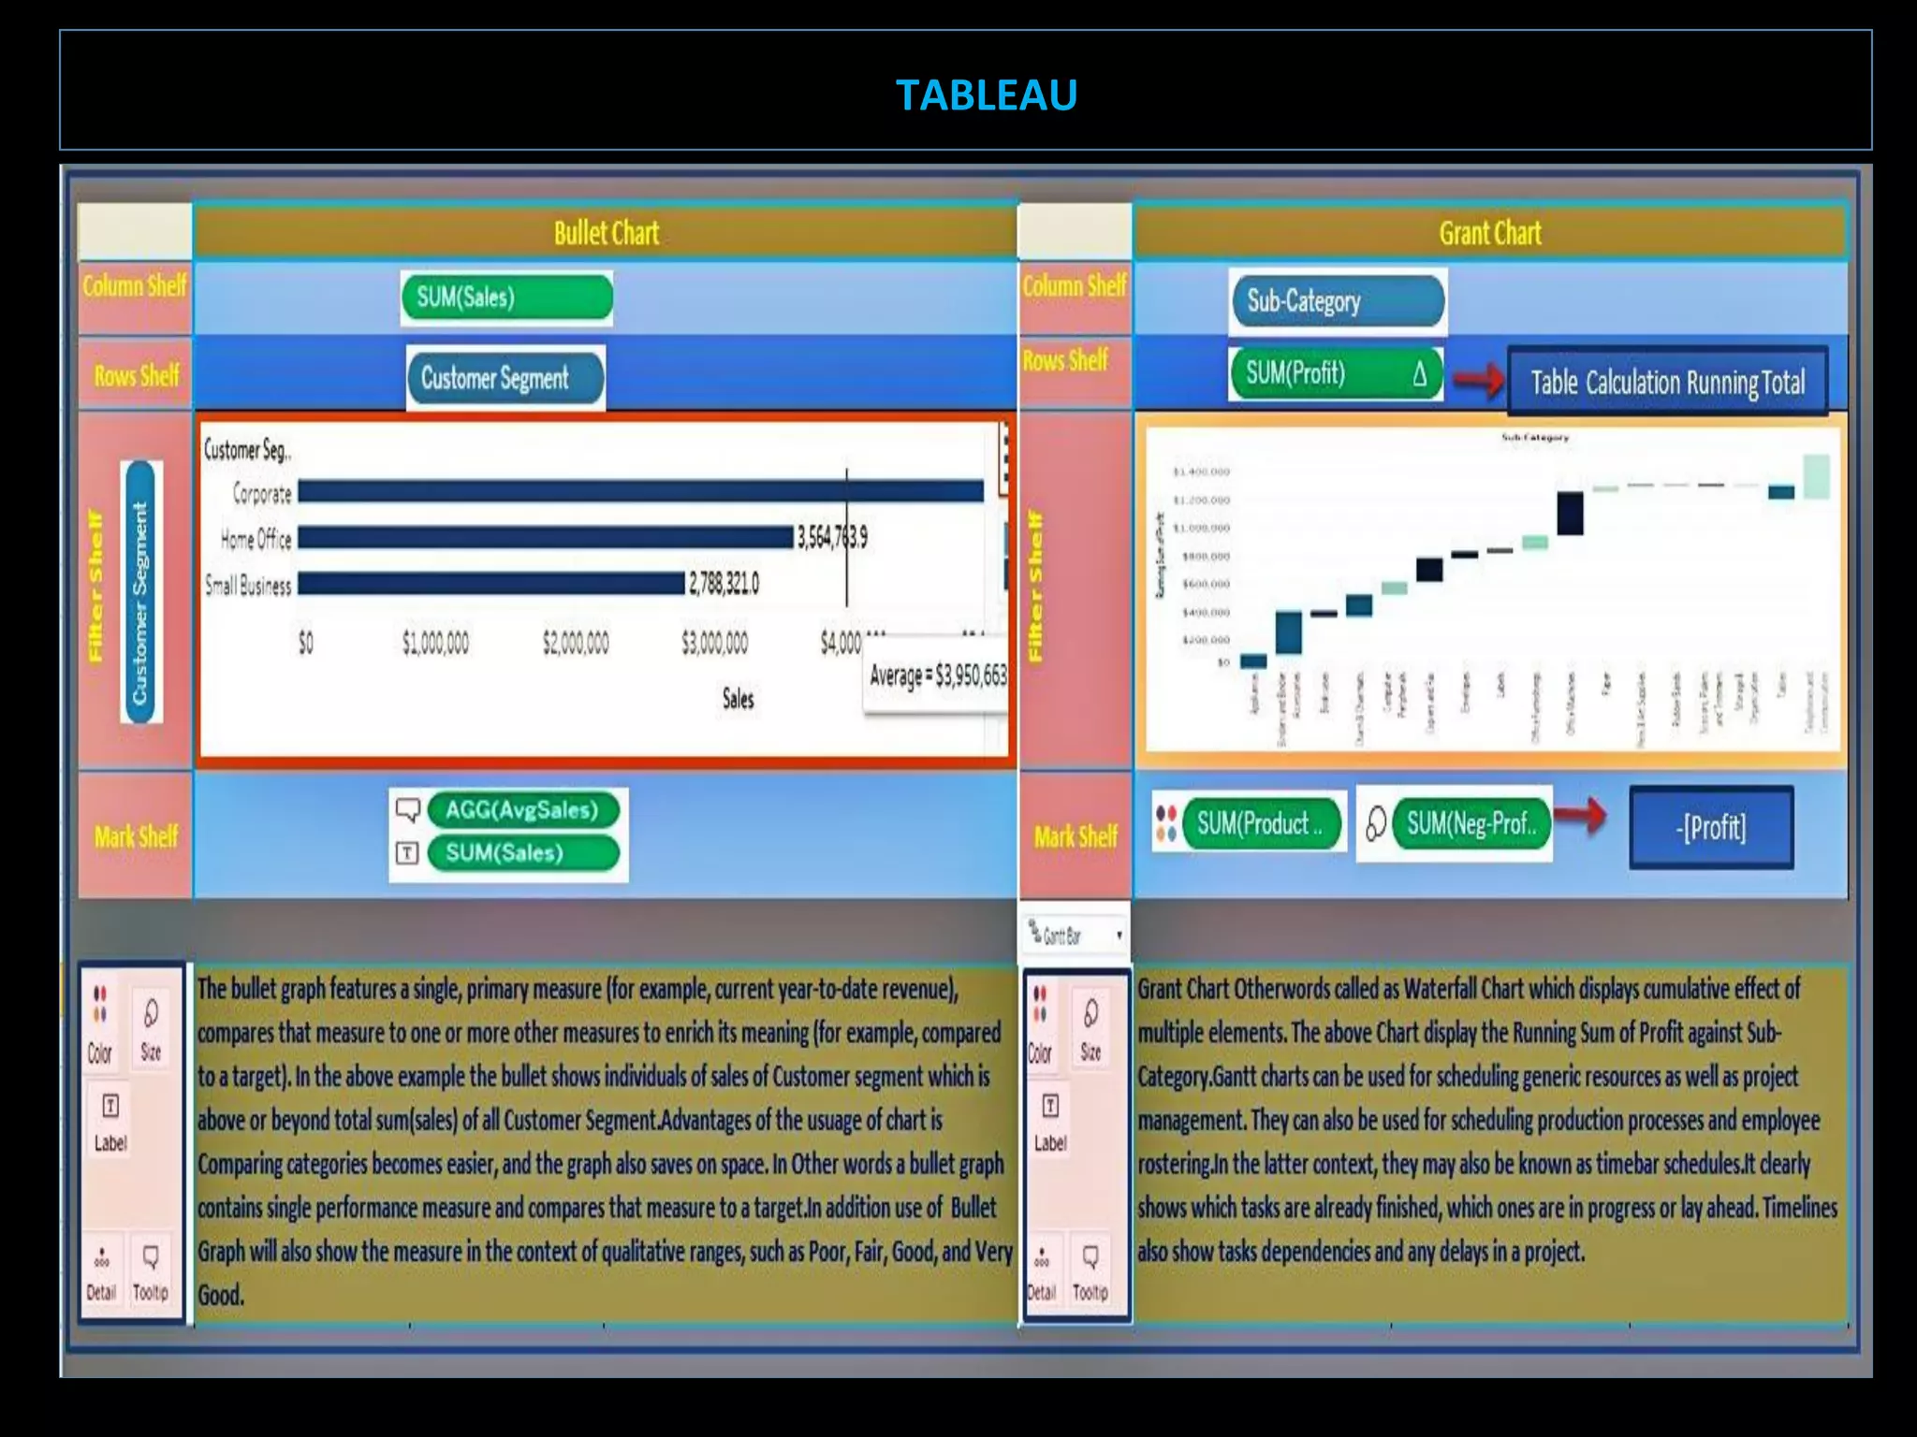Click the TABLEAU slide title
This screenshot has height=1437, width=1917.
(986, 94)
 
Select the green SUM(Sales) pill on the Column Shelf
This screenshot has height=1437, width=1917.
(506, 298)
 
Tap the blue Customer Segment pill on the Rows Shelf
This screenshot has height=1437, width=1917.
(505, 378)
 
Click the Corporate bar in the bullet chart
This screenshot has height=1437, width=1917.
(640, 491)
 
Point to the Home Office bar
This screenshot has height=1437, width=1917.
(545, 537)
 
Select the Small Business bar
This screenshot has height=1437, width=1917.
(490, 584)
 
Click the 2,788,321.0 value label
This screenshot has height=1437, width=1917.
(724, 585)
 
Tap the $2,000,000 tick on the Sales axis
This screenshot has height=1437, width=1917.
(576, 643)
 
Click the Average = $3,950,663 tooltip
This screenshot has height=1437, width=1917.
(937, 675)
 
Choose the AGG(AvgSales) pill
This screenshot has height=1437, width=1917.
(522, 810)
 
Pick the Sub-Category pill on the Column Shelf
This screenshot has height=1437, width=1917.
(1337, 301)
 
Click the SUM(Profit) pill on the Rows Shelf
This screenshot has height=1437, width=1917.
(1335, 374)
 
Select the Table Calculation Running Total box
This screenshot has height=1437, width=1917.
(1667, 382)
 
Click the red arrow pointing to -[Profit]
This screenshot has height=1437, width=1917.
(1583, 816)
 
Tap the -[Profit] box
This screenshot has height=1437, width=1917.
(1711, 827)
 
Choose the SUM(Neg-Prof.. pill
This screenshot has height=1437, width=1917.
(1471, 824)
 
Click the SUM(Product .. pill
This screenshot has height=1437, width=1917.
(1260, 824)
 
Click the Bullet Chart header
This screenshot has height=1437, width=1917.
(606, 233)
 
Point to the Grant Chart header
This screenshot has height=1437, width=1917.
(1489, 233)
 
